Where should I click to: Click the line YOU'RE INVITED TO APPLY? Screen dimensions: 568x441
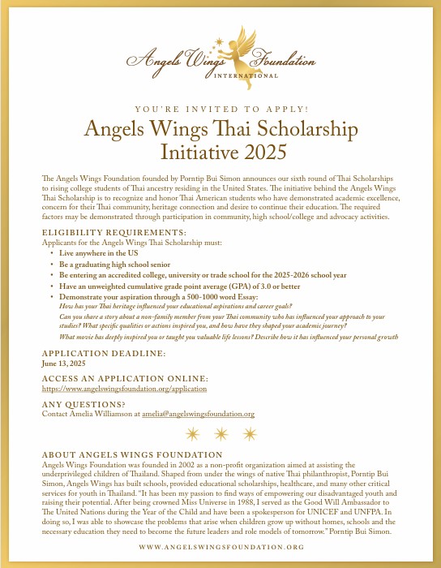click(x=220, y=109)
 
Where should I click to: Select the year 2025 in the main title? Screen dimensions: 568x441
click(x=263, y=150)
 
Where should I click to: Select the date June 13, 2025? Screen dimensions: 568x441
click(x=64, y=364)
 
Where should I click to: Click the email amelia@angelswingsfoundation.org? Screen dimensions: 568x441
click(x=198, y=414)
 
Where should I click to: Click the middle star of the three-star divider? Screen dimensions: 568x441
click(x=220, y=433)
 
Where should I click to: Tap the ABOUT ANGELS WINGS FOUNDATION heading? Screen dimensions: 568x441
click(x=131, y=454)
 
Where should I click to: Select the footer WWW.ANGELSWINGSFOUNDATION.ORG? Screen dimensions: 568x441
click(x=221, y=548)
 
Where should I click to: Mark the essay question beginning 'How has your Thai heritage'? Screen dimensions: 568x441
click(x=162, y=308)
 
